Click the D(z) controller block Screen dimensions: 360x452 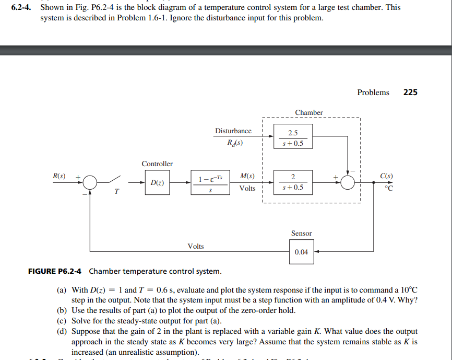coord(155,183)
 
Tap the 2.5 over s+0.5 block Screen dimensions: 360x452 coord(293,137)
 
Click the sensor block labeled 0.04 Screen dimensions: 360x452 coord(301,252)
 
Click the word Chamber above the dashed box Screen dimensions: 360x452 coord(309,112)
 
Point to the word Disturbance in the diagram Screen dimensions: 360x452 coord(233,131)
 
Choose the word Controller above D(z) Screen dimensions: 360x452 coord(157,164)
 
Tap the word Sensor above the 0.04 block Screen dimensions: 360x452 coord(301,234)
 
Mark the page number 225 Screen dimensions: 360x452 coord(410,92)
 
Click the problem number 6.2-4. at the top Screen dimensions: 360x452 coord(22,8)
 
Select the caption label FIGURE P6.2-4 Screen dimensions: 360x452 coord(56,271)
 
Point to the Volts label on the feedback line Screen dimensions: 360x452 coord(196,246)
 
